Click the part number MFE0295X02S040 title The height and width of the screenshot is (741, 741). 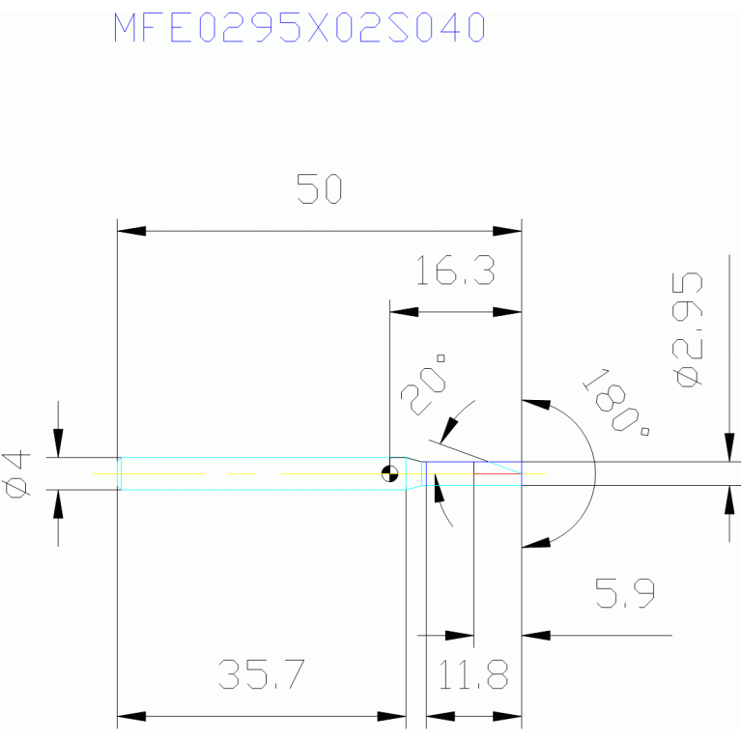[299, 27]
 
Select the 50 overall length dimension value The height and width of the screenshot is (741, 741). [320, 189]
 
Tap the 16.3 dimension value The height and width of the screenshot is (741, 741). [456, 270]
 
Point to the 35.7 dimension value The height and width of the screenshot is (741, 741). [262, 674]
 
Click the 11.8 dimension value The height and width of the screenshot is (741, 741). [473, 674]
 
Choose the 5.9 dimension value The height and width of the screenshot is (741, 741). [625, 592]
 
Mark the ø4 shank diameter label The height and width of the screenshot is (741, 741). [16, 474]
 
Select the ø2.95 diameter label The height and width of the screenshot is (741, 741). [687, 329]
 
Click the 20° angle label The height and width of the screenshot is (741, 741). [423, 385]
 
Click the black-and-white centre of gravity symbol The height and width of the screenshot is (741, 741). [390, 473]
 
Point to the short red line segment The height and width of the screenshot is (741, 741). [498, 473]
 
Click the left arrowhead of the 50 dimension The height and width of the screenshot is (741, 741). [131, 231]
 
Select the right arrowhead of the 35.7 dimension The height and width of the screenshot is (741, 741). [392, 717]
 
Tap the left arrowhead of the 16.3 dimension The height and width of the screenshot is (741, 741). [404, 312]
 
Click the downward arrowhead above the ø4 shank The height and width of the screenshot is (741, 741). [58, 442]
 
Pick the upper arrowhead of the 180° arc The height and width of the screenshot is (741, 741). [536, 404]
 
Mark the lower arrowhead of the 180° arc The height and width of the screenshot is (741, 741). [536, 543]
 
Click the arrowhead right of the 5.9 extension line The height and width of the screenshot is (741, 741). [536, 636]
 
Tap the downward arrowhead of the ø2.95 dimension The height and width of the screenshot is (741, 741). [729, 447]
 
